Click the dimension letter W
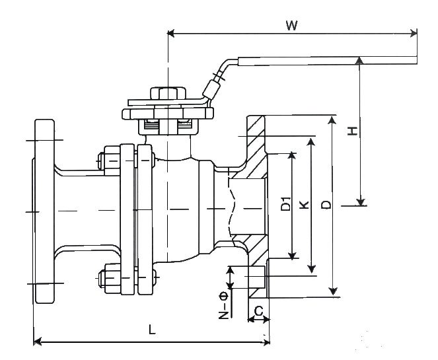291,25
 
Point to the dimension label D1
285,203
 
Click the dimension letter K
303,205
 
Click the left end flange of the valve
44,211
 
